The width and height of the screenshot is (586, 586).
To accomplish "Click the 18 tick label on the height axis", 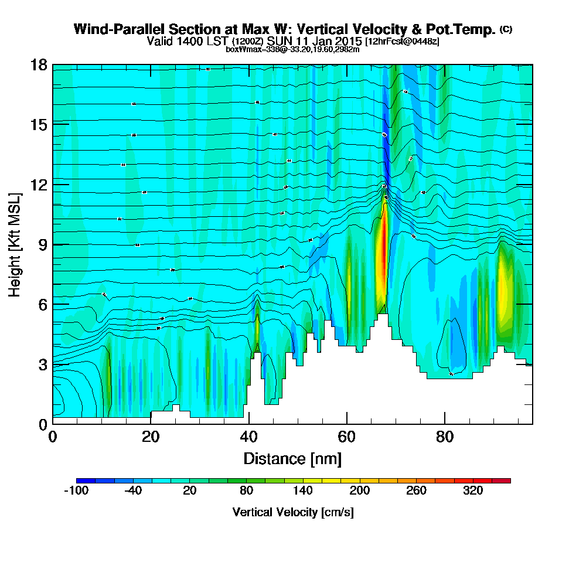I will (38, 64).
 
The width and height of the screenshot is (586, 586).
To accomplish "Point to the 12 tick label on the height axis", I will (38, 185).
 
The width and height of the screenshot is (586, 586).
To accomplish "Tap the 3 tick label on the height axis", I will (42, 364).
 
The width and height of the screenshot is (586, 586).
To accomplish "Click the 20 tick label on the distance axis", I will (151, 437).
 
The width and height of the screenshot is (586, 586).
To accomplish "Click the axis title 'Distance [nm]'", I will (292, 458).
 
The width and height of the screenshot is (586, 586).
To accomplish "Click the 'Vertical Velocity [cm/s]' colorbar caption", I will (293, 512).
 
